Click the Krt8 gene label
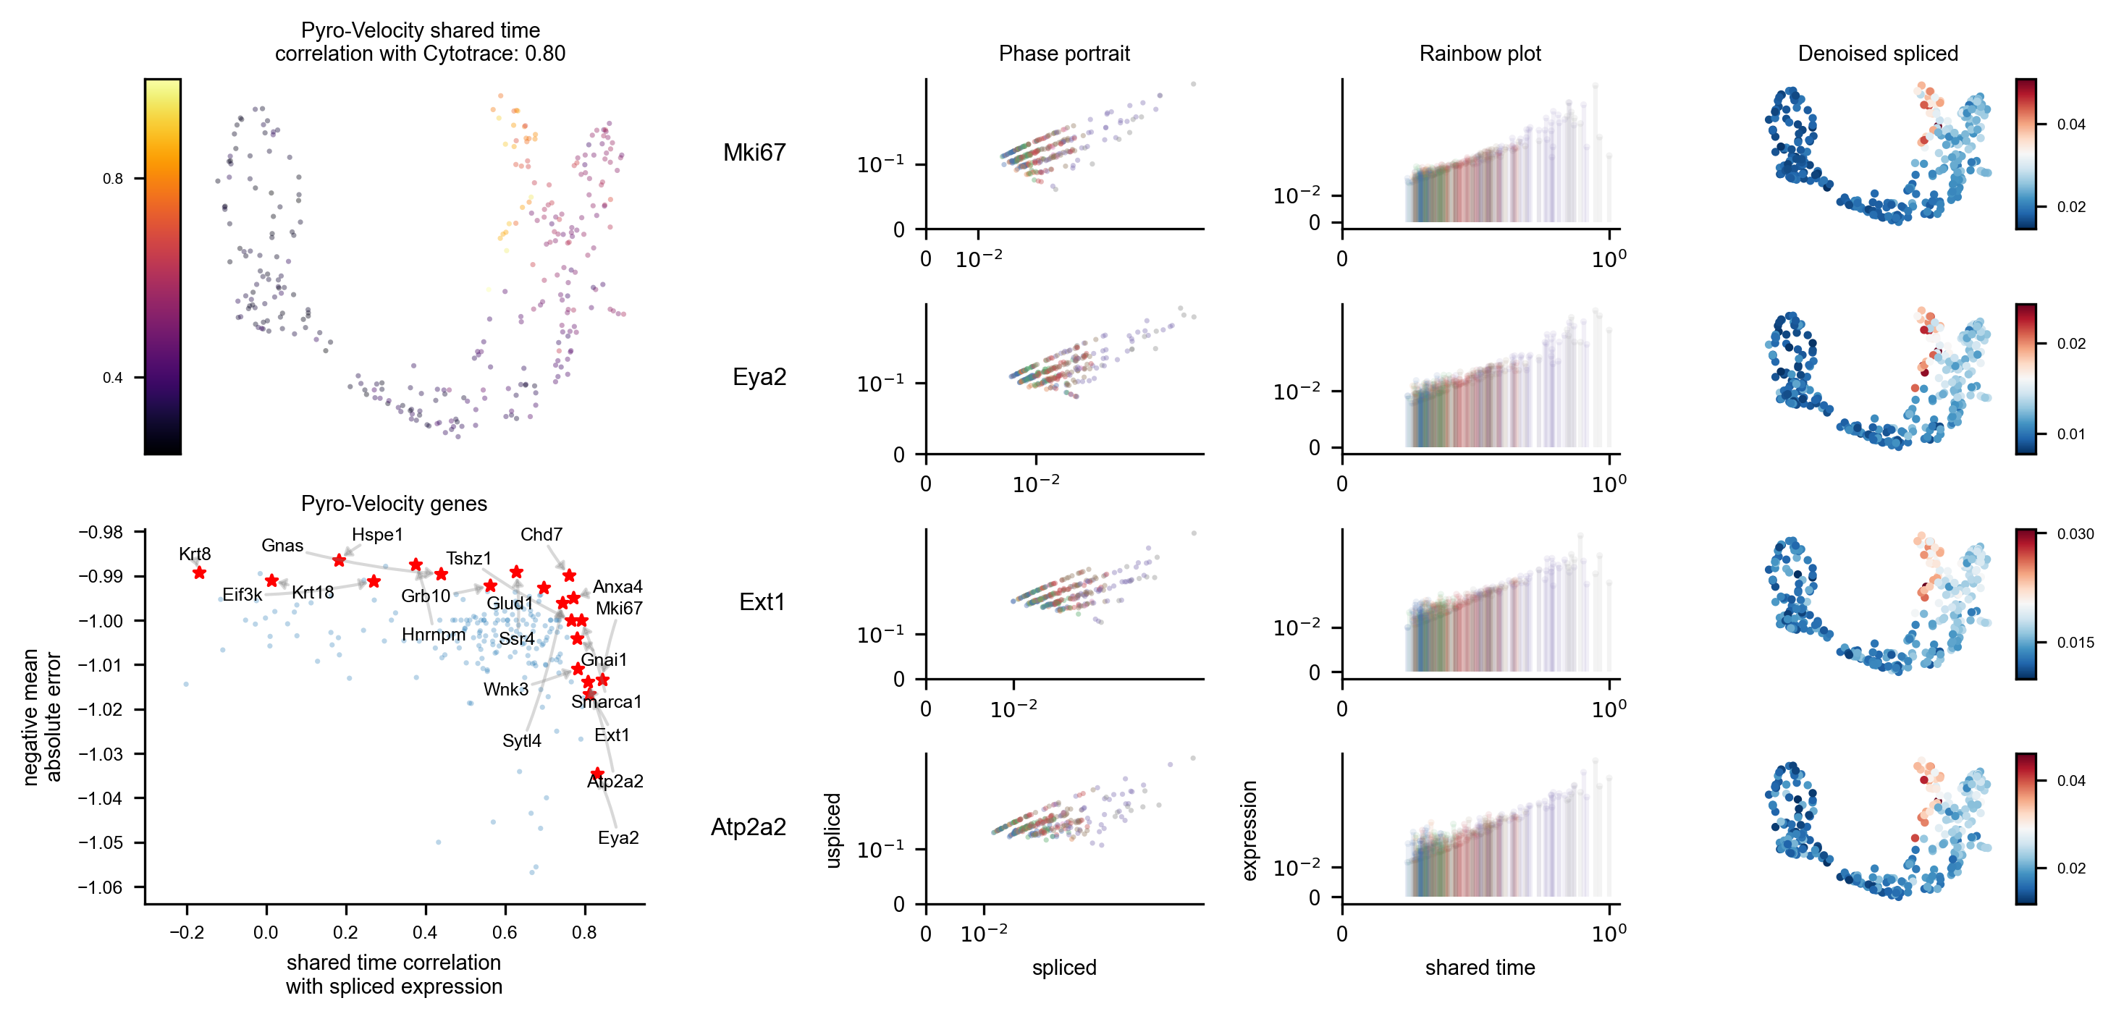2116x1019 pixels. (x=195, y=554)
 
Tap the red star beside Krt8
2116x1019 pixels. (x=199, y=572)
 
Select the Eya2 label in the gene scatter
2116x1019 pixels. (x=617, y=837)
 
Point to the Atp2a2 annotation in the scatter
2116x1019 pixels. (x=615, y=782)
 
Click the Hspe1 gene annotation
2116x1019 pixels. (x=377, y=535)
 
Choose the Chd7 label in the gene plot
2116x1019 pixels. (x=541, y=535)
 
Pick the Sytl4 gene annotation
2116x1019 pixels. (x=522, y=740)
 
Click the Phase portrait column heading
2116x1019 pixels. (x=1063, y=54)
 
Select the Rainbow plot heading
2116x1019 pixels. (x=1480, y=54)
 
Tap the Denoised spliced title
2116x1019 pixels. (x=1878, y=54)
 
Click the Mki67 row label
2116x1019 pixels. (x=754, y=153)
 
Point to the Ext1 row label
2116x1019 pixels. (x=762, y=602)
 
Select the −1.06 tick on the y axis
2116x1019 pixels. (x=100, y=887)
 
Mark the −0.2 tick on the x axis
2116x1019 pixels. (x=187, y=933)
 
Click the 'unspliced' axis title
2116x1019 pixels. (x=832, y=830)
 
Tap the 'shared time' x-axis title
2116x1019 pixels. (x=1480, y=968)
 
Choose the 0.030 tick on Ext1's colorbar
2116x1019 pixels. (x=2075, y=533)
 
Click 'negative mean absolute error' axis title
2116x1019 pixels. (x=42, y=716)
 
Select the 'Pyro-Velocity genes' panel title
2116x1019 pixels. (x=394, y=503)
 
